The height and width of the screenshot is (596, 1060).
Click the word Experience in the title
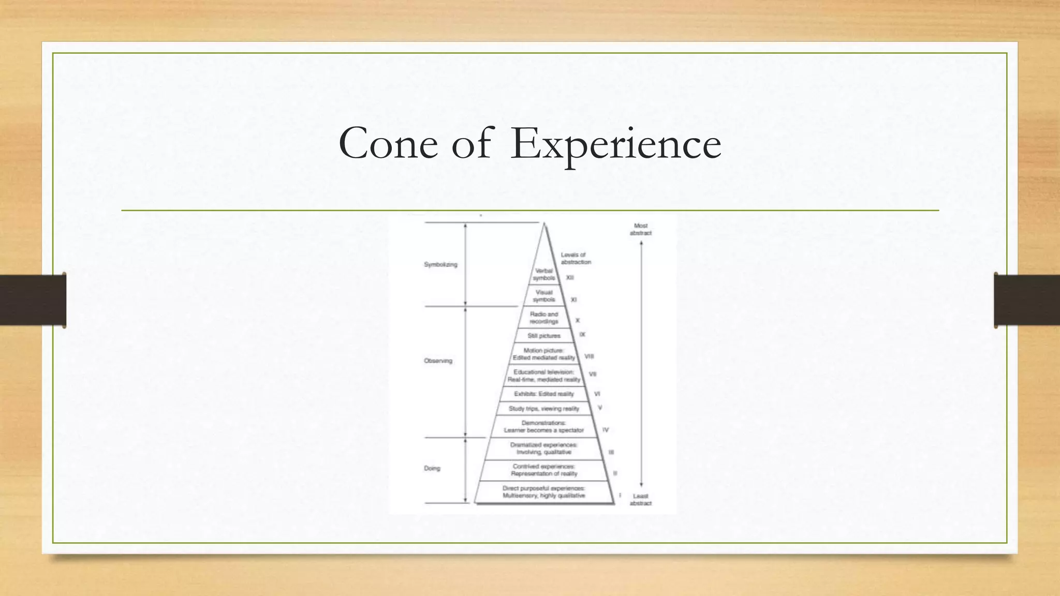(x=615, y=144)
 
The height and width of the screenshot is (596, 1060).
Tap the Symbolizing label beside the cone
(x=440, y=264)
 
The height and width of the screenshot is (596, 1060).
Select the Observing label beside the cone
(x=438, y=361)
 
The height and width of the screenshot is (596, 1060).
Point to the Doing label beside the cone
(x=432, y=468)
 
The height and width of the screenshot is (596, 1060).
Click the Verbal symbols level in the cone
(x=543, y=274)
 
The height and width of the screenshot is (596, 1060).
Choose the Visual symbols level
(x=544, y=296)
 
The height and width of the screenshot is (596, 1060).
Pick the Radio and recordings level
(x=544, y=318)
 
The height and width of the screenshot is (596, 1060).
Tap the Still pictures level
(x=544, y=336)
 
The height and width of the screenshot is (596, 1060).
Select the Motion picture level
(x=544, y=354)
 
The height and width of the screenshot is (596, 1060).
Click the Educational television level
(x=544, y=376)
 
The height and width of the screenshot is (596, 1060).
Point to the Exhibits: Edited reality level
(x=544, y=394)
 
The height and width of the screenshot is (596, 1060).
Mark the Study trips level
(x=544, y=409)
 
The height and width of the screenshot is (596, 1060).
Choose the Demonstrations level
(x=544, y=426)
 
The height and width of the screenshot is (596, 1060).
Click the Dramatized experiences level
(x=544, y=449)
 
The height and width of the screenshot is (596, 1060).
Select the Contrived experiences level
(x=544, y=470)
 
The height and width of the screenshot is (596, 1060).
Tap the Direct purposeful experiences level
(x=544, y=491)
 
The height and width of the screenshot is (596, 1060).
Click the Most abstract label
(x=641, y=229)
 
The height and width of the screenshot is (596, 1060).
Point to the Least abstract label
(x=640, y=499)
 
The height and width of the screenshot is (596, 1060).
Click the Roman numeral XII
(x=570, y=278)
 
